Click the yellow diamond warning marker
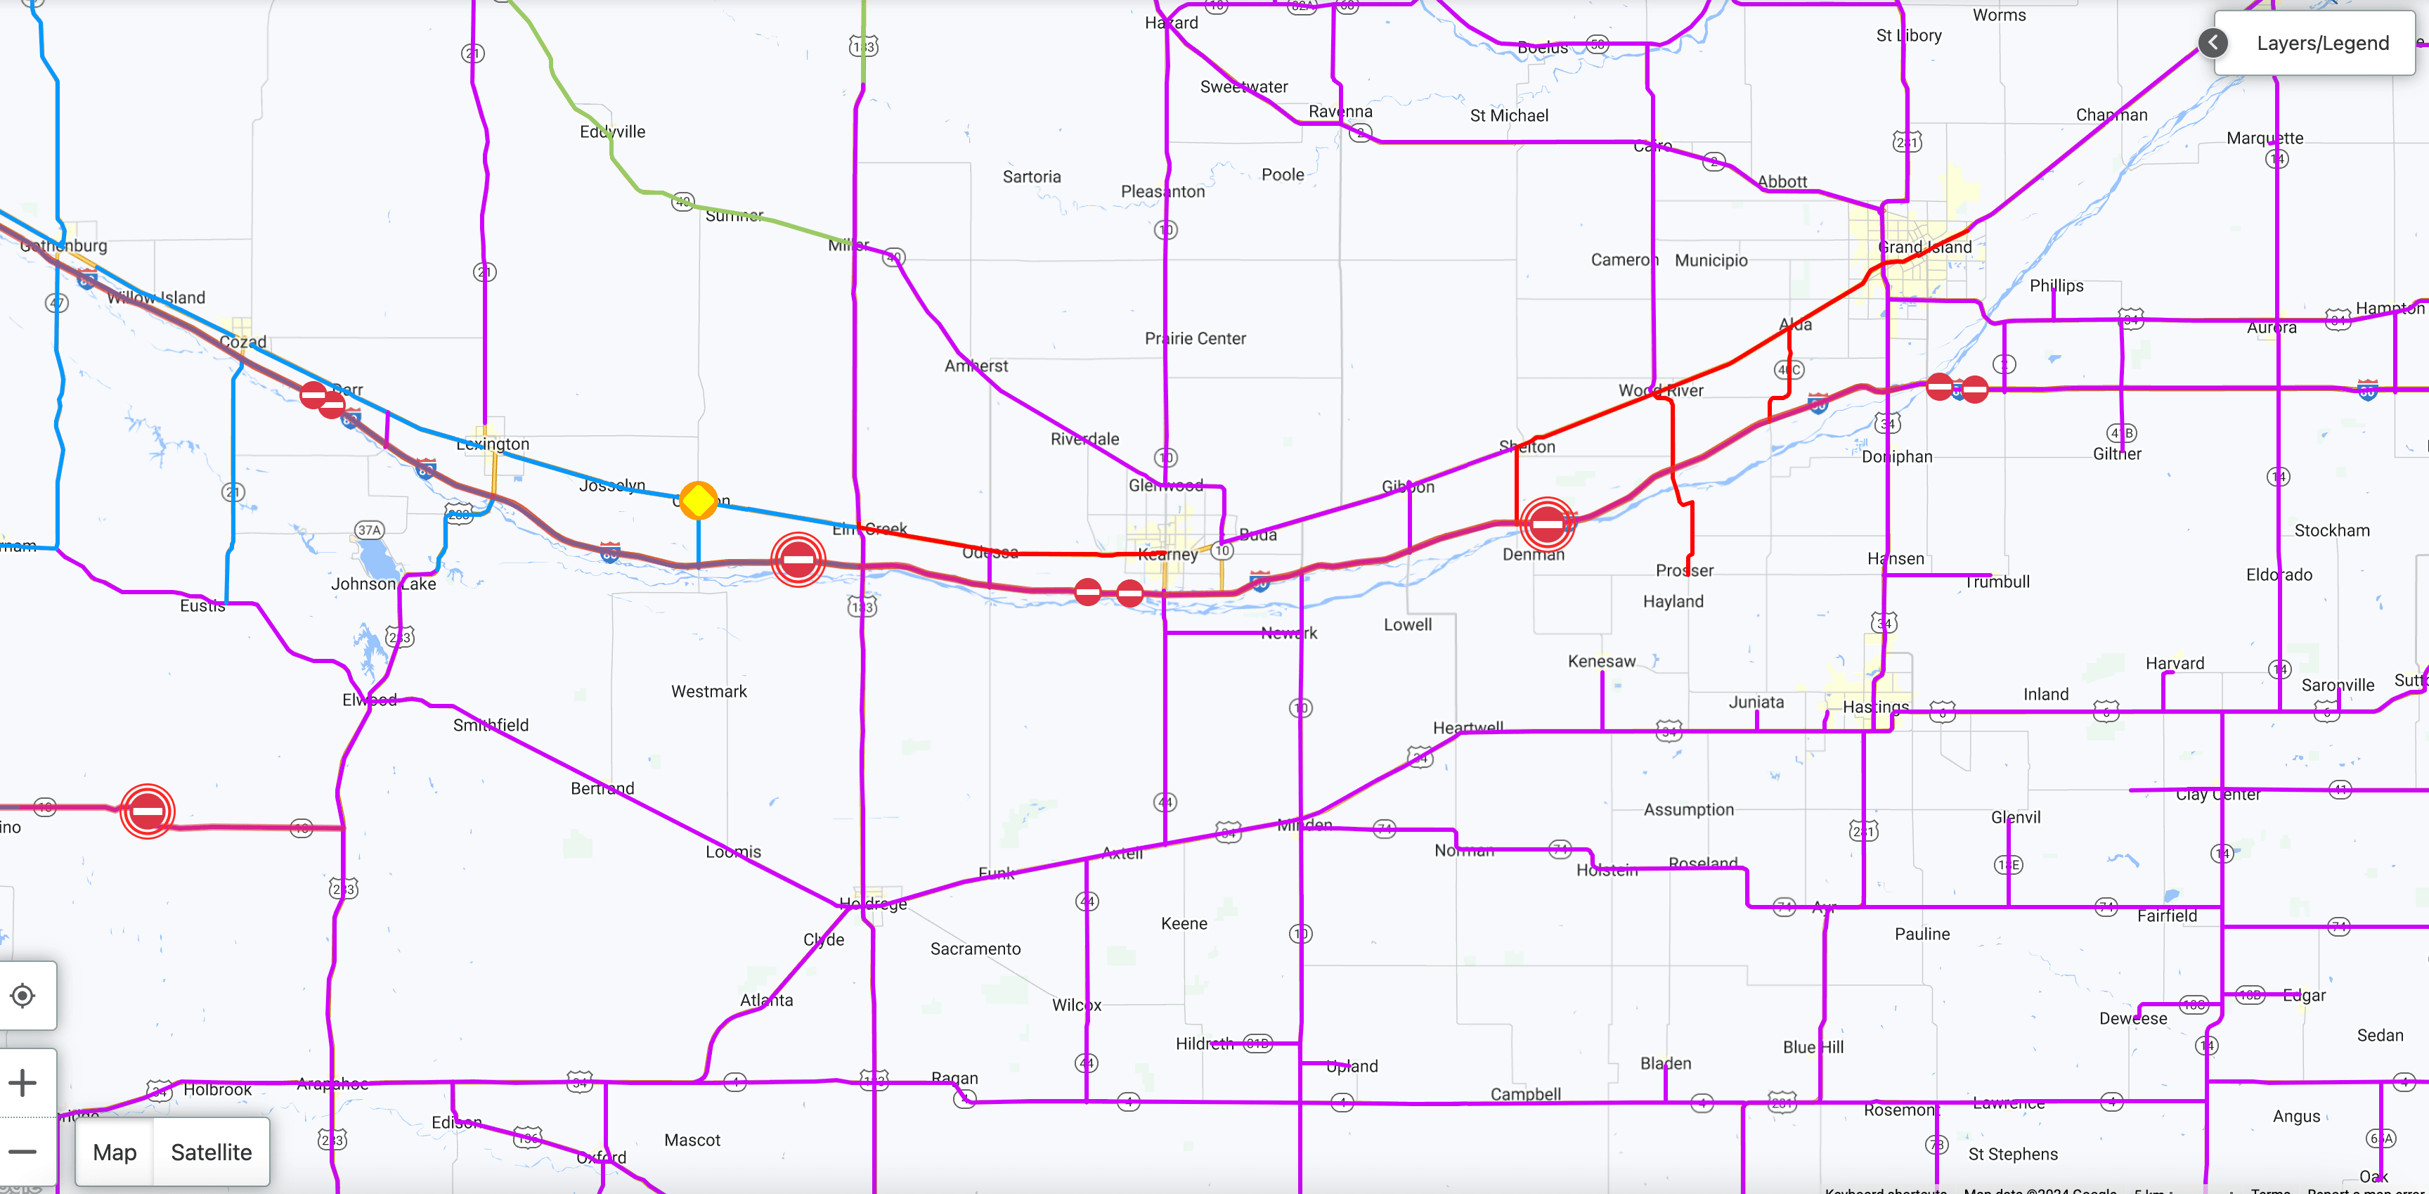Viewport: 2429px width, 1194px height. (698, 500)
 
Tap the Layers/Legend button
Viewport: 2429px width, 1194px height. (2321, 44)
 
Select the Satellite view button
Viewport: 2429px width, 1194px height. (212, 1152)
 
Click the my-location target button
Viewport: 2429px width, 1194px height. (22, 995)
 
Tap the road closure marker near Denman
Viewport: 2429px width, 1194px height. (1546, 522)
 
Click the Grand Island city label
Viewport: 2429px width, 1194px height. (1924, 247)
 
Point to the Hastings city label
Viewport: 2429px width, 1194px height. (1874, 707)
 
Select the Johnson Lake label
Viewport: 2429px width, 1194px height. (383, 584)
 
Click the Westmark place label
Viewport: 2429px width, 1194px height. (708, 691)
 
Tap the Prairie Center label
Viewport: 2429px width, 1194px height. (1195, 339)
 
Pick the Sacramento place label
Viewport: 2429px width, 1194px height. (975, 949)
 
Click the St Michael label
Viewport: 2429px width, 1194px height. (1509, 116)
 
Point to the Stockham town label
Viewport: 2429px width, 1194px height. (2331, 530)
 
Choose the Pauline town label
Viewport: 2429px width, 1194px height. (1922, 934)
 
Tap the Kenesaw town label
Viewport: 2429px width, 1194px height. (1601, 661)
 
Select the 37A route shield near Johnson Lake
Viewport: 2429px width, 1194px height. (369, 530)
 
